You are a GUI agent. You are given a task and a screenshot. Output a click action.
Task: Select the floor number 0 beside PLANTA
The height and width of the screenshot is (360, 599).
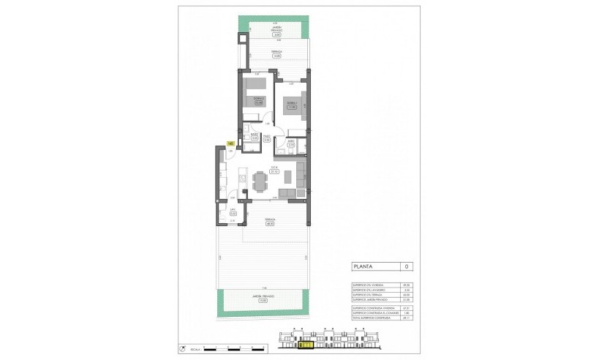pos(407,266)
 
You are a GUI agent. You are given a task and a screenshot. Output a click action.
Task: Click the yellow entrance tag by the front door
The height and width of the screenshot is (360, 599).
pos(230,143)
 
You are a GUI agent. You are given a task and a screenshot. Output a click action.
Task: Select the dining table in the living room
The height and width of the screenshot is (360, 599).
pos(260,180)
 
